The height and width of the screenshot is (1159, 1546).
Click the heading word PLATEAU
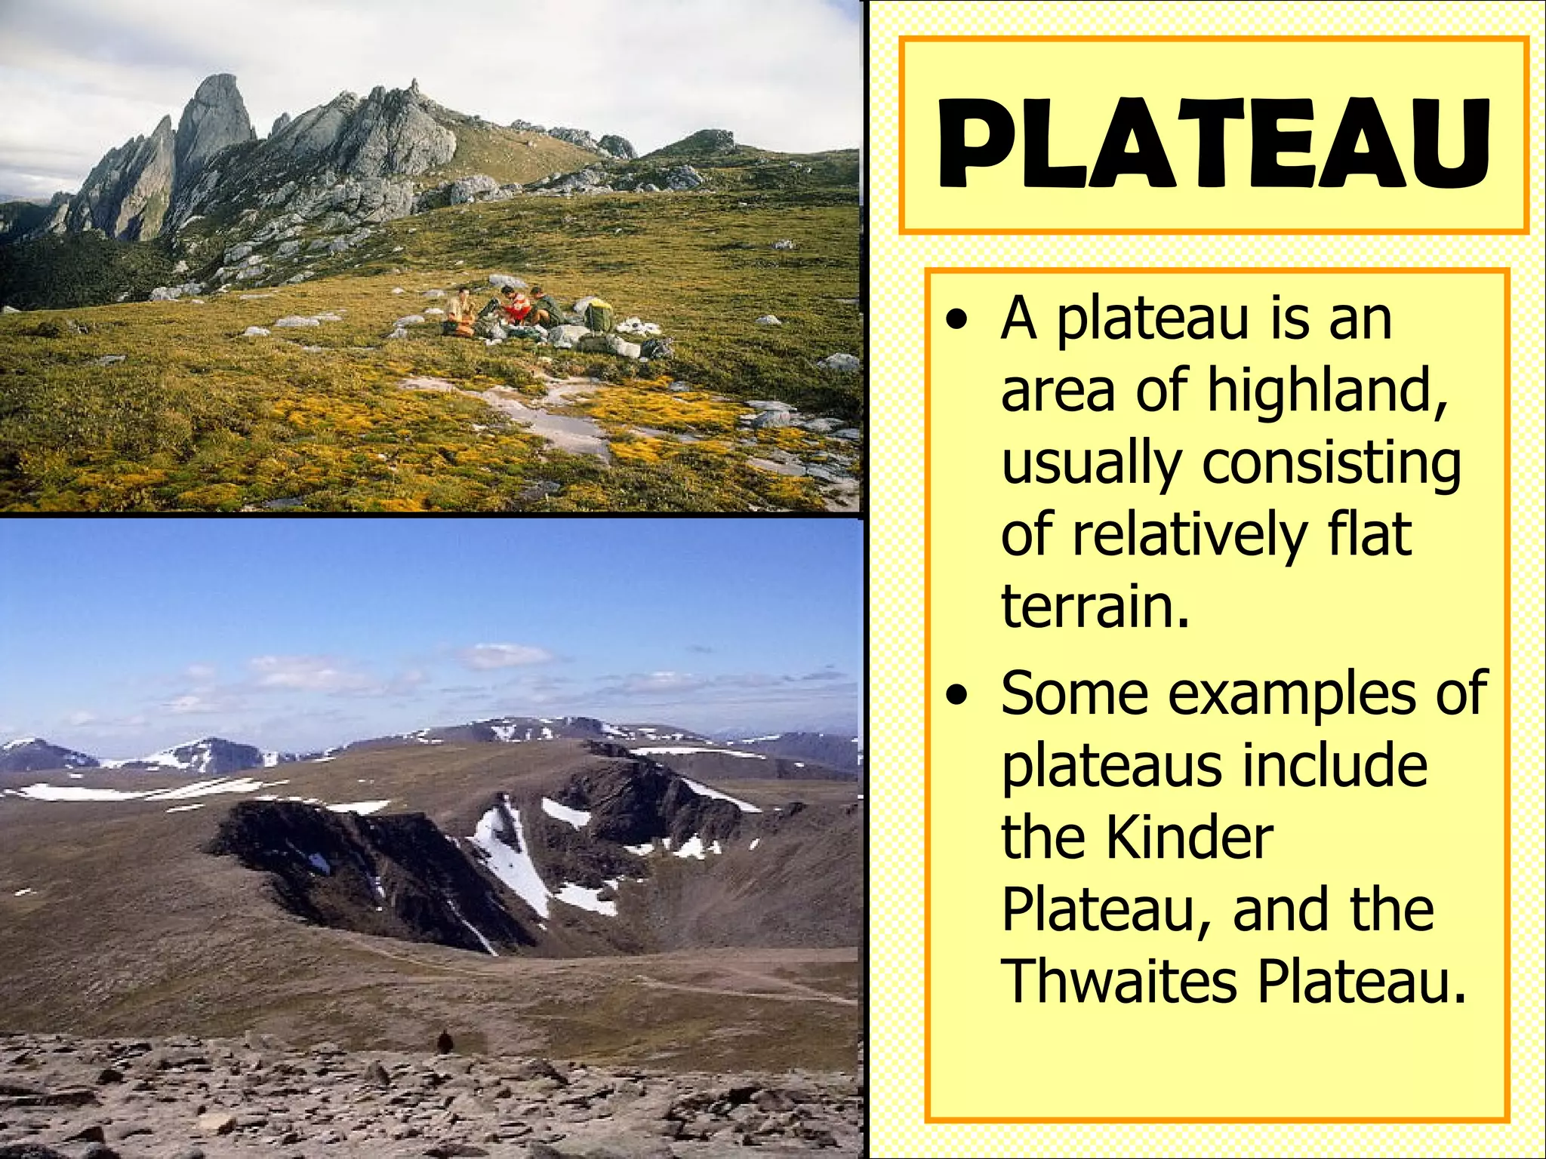point(1214,143)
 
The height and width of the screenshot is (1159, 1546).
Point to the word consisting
point(1332,464)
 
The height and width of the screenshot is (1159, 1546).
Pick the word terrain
point(1095,606)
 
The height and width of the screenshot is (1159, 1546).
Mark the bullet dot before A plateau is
point(957,321)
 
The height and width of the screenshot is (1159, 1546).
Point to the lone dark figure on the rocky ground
point(445,1042)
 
